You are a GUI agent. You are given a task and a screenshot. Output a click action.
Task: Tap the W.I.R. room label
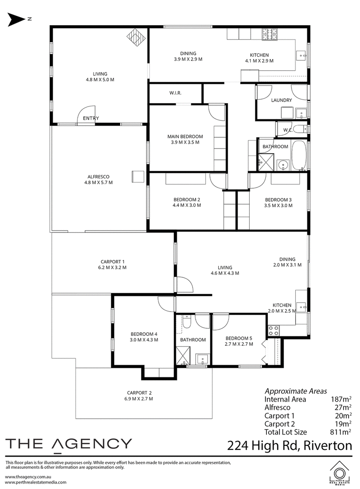tap(175, 93)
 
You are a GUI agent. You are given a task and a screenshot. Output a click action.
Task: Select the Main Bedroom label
tap(185, 136)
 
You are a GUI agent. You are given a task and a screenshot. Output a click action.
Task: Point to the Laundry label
tap(281, 100)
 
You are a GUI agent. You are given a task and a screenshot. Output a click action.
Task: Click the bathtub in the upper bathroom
tap(299, 155)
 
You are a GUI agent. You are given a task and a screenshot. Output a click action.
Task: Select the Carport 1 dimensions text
tap(112, 267)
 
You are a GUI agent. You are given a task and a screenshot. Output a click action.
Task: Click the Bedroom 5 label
tap(239, 338)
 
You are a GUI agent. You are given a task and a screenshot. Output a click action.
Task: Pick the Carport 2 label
tap(139, 393)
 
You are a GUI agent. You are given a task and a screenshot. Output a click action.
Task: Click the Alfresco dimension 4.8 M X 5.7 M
tap(99, 182)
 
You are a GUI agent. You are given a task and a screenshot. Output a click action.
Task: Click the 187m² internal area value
tap(341, 399)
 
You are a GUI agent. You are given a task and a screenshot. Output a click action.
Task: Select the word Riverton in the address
tap(328, 445)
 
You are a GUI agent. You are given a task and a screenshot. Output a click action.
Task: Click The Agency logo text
tap(69, 444)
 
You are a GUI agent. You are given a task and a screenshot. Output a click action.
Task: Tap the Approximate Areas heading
tap(296, 391)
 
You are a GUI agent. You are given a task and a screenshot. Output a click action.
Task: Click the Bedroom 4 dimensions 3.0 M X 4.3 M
tap(144, 340)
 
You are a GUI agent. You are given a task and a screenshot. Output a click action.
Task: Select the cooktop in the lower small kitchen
tap(274, 331)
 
